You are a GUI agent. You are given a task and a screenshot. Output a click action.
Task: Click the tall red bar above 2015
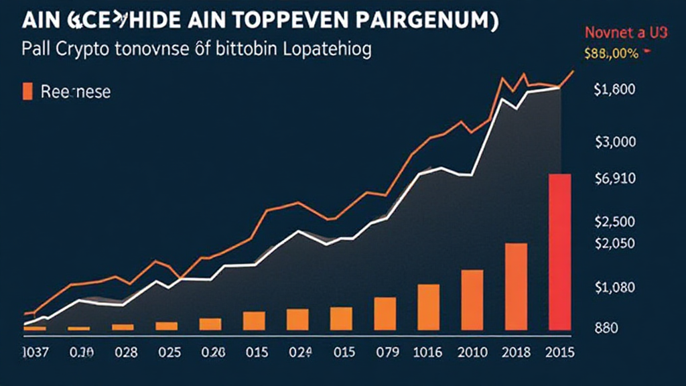[x=559, y=251]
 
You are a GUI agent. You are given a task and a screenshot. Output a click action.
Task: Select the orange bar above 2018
[x=516, y=286]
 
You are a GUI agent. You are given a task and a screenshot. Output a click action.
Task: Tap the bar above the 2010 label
[x=472, y=300]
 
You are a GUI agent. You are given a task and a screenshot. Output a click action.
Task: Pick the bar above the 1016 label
[x=429, y=307]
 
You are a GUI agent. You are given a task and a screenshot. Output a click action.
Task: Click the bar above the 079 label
[x=385, y=313]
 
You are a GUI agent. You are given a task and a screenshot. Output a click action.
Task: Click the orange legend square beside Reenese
[x=27, y=91]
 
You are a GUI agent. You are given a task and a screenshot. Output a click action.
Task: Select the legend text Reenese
[x=75, y=92]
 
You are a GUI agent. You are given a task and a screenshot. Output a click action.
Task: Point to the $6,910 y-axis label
[x=614, y=179]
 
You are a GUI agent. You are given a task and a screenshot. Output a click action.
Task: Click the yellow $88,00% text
[x=611, y=55]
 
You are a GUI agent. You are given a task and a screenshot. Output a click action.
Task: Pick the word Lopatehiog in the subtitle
[x=322, y=50]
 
